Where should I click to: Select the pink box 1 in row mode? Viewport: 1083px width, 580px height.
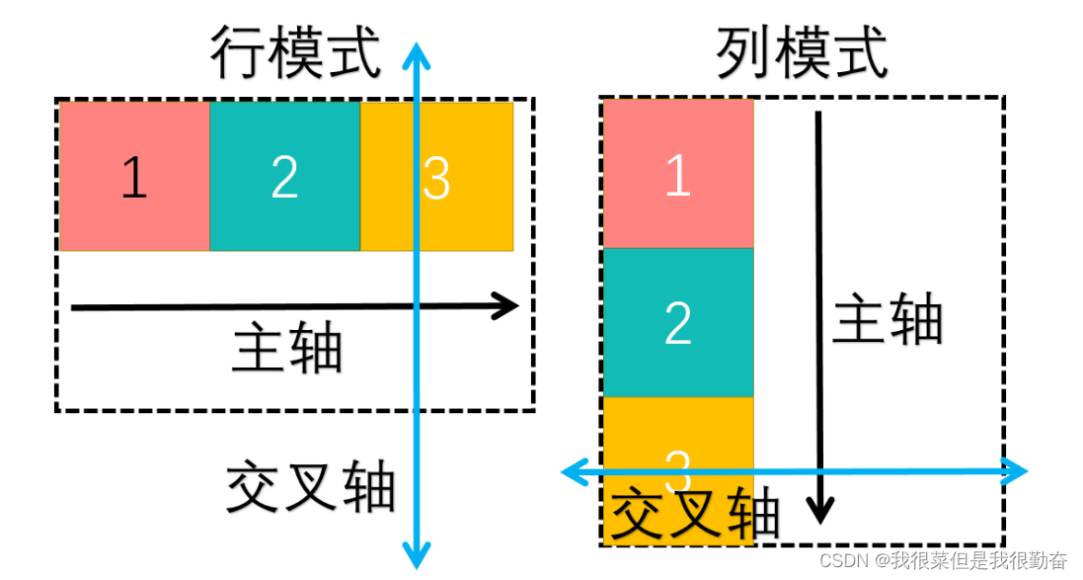pyautogui.click(x=134, y=177)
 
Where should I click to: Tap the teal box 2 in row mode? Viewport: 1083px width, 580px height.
pyautogui.click(x=284, y=177)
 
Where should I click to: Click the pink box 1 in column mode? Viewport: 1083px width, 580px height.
pyautogui.click(x=678, y=174)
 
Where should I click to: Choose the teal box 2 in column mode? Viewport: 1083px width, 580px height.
pyautogui.click(x=678, y=322)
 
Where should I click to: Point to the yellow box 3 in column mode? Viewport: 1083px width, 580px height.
pyautogui.click(x=678, y=435)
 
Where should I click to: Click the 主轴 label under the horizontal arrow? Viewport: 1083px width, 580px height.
pyautogui.click(x=287, y=349)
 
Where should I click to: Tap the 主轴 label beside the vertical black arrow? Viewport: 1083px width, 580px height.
pyautogui.click(x=888, y=318)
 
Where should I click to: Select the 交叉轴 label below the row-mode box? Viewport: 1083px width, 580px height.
pyautogui.click(x=310, y=487)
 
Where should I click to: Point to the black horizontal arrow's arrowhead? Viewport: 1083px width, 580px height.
pyautogui.click(x=508, y=306)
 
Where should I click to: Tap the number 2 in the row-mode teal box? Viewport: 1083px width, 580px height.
pyautogui.click(x=284, y=177)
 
